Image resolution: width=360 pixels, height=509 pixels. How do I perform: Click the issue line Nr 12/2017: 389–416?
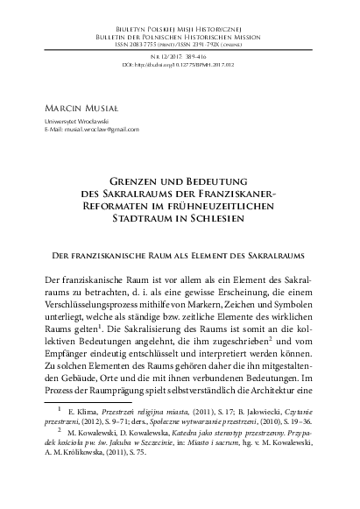point(180,54)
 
